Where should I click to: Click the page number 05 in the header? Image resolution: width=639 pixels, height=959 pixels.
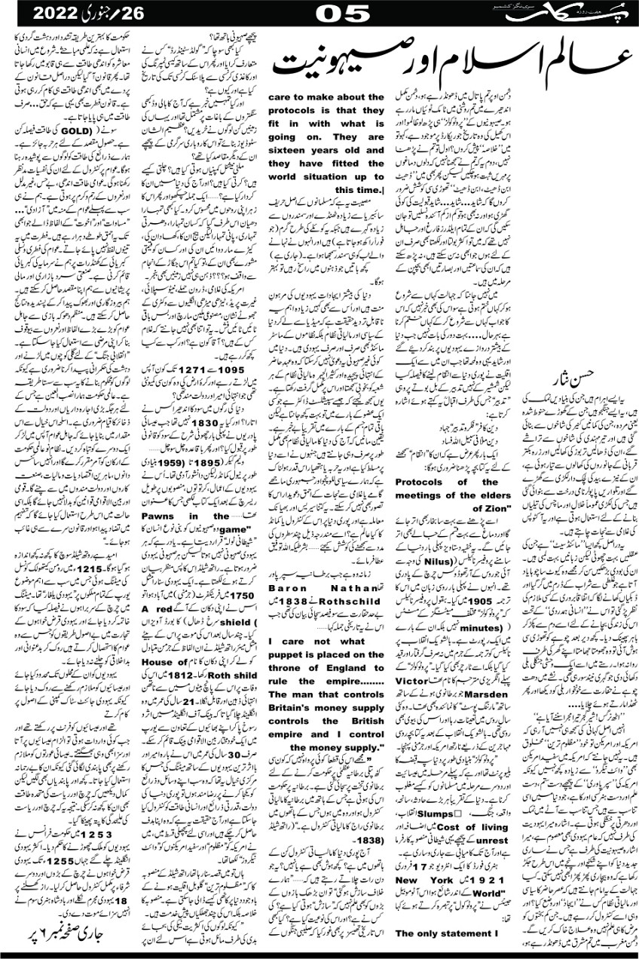342,14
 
